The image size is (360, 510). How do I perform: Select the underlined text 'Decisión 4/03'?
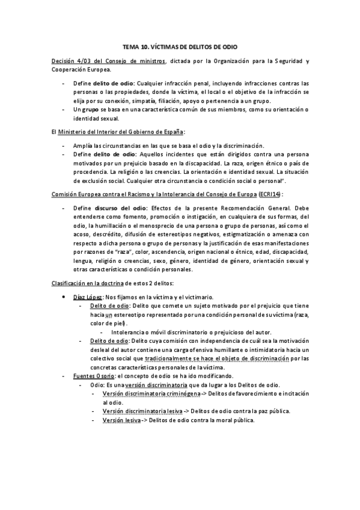point(70,61)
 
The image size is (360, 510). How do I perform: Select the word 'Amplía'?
point(83,146)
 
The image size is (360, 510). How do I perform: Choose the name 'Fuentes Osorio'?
point(90,375)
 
